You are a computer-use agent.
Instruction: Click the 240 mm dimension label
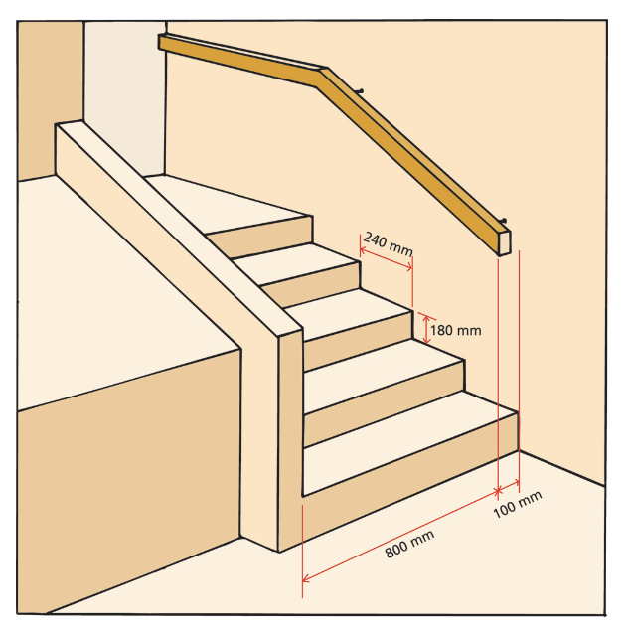tap(388, 243)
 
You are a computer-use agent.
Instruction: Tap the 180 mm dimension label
tap(456, 331)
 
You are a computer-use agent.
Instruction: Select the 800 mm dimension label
tap(409, 544)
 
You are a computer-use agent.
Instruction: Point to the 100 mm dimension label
tap(518, 504)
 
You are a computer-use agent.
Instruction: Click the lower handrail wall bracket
tap(504, 222)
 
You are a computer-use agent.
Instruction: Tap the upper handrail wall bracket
tap(360, 91)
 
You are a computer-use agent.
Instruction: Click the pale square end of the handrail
tap(505, 243)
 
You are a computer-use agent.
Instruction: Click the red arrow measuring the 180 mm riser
tap(426, 329)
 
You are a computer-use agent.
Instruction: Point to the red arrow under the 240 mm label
tap(386, 258)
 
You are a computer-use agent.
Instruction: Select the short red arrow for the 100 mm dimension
tap(509, 486)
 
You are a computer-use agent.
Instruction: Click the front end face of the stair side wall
tap(291, 441)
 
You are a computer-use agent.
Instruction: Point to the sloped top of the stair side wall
tap(179, 229)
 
